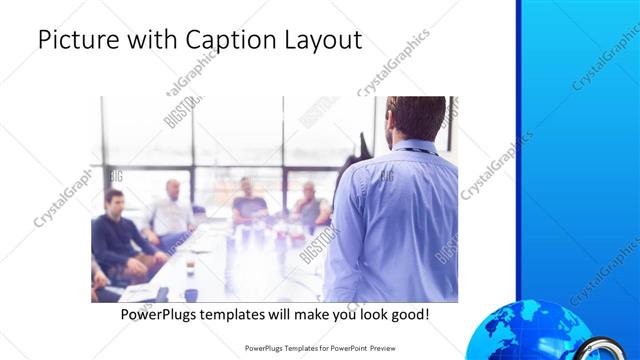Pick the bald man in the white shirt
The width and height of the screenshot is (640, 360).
coord(171,211)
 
